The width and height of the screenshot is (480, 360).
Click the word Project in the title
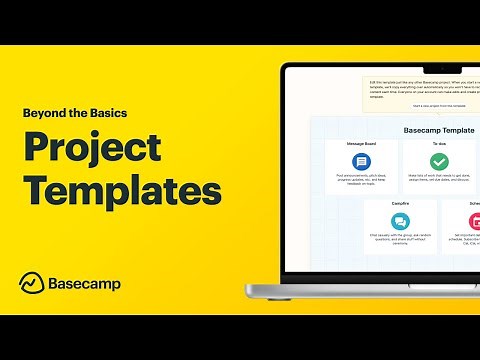pyautogui.click(x=92, y=148)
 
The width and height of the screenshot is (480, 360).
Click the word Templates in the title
pyautogui.click(x=122, y=189)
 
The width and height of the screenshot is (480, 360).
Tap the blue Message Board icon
pyautogui.click(x=361, y=160)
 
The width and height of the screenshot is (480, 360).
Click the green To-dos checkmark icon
pyautogui.click(x=439, y=160)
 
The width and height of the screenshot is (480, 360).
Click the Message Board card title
pyautogui.click(x=361, y=143)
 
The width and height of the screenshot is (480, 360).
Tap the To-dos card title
pyautogui.click(x=439, y=143)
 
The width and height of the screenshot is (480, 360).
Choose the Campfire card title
pyautogui.click(x=400, y=203)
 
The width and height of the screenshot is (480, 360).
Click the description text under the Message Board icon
pyautogui.click(x=361, y=181)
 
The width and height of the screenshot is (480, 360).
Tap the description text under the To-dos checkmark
pyautogui.click(x=439, y=181)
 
